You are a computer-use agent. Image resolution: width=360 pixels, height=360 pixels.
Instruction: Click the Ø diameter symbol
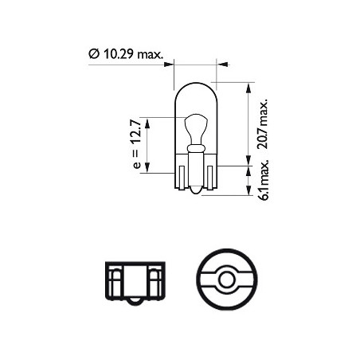click(93, 55)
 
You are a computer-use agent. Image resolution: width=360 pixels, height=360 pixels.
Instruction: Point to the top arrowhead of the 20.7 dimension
click(252, 85)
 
